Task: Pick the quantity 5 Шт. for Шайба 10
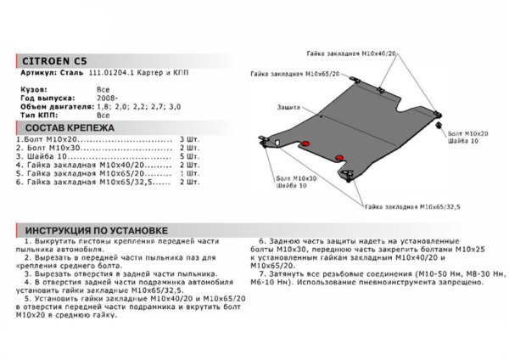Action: (x=190, y=159)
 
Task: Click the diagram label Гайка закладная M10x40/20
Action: (x=343, y=53)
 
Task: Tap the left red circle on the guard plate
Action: (x=308, y=141)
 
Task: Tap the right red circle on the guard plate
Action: (x=339, y=158)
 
